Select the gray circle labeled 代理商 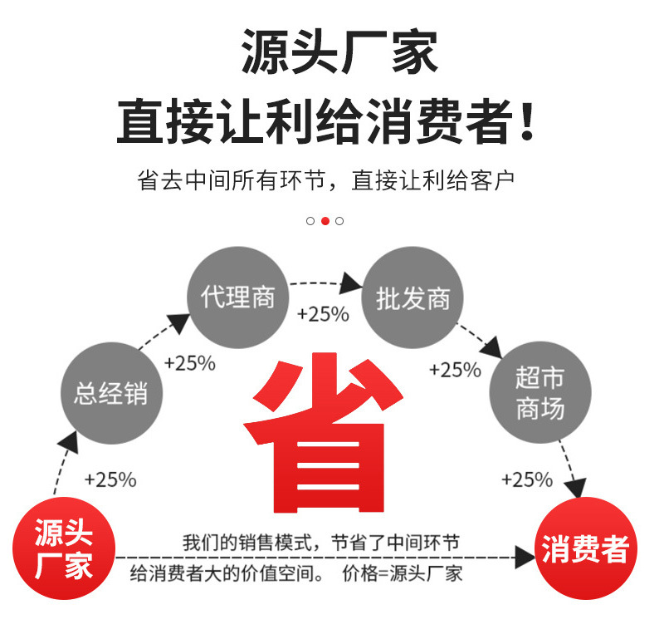(237, 296)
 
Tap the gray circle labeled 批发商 (413, 297)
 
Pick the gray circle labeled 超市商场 (540, 392)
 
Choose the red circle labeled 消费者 (585, 548)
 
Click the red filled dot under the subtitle (325, 221)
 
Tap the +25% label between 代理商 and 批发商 (323, 315)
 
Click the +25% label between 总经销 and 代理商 (190, 363)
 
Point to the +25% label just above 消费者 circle (527, 479)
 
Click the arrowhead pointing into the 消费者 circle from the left (525, 558)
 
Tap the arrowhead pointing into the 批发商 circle (352, 283)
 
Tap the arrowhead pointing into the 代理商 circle (179, 322)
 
